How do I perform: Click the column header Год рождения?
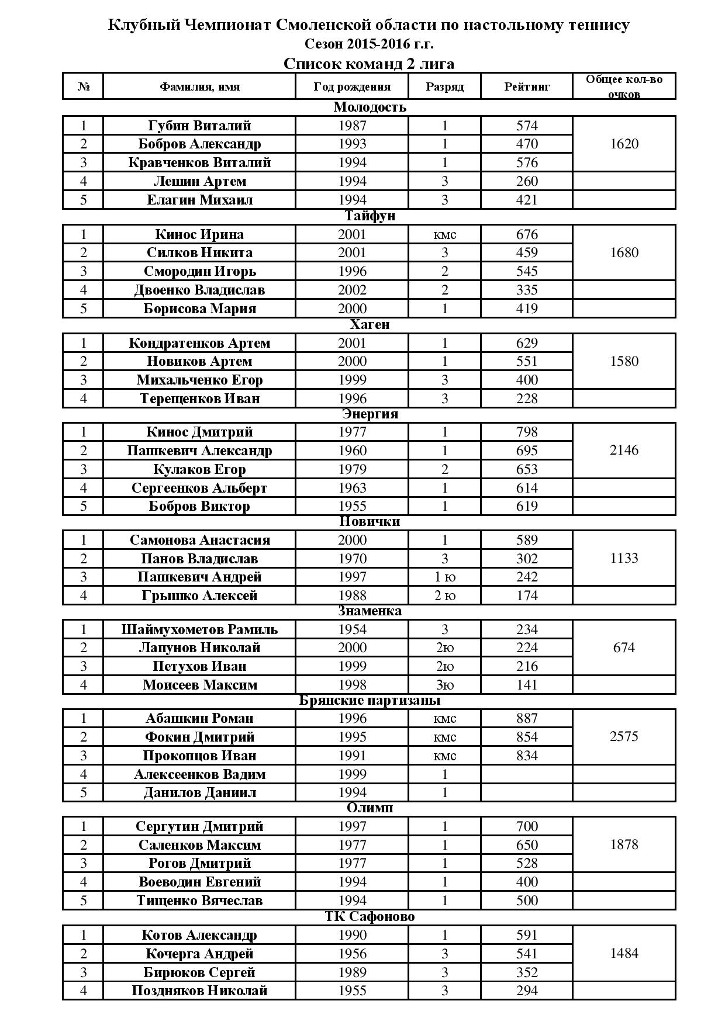pyautogui.click(x=351, y=86)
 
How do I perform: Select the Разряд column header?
pyautogui.click(x=444, y=86)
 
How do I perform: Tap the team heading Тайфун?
pyautogui.click(x=370, y=216)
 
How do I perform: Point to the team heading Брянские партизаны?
pyautogui.click(x=370, y=700)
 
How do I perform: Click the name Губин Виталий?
pyautogui.click(x=199, y=126)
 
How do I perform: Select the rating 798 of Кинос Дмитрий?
pyautogui.click(x=527, y=432)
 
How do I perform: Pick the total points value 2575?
pyautogui.click(x=624, y=736)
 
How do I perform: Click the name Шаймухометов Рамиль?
pyautogui.click(x=199, y=629)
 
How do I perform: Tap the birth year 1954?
pyautogui.click(x=352, y=629)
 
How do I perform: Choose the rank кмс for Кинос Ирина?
pyautogui.click(x=444, y=234)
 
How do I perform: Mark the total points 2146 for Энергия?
pyautogui.click(x=624, y=450)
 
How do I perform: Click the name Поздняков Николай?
pyautogui.click(x=199, y=991)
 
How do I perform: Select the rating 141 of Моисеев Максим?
pyautogui.click(x=527, y=684)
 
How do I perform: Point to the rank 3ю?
pyautogui.click(x=444, y=684)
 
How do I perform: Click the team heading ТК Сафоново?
pyautogui.click(x=370, y=916)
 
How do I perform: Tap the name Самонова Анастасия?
pyautogui.click(x=199, y=540)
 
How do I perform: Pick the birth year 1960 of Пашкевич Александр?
pyautogui.click(x=352, y=451)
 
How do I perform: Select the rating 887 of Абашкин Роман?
pyautogui.click(x=527, y=718)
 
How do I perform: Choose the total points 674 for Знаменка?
pyautogui.click(x=624, y=647)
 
